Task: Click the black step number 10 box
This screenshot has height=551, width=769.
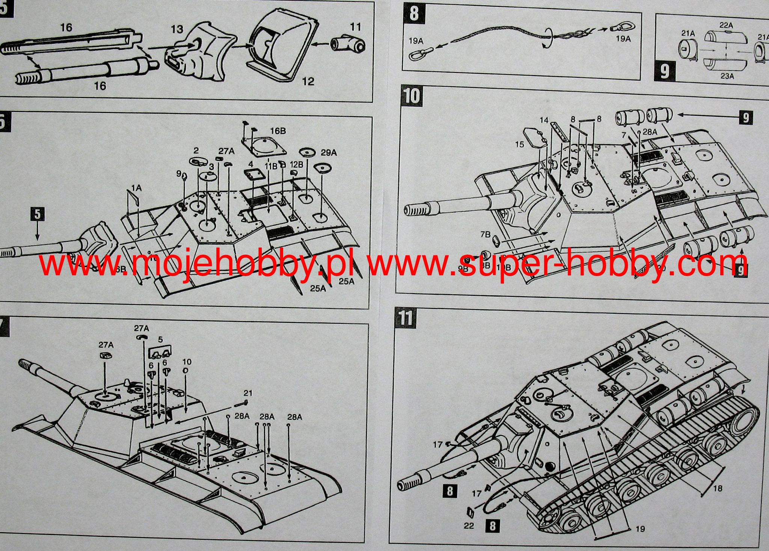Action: click(412, 96)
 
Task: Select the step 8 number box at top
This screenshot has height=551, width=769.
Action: click(414, 14)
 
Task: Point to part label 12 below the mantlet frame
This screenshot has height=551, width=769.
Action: click(308, 81)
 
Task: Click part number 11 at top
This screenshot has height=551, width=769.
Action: click(355, 27)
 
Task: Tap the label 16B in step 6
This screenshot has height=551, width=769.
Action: click(278, 131)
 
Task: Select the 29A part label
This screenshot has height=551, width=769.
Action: click(329, 152)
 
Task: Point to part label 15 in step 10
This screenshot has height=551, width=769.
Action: click(519, 144)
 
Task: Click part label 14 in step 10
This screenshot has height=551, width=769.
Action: click(544, 120)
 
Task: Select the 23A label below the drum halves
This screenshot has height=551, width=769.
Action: click(727, 76)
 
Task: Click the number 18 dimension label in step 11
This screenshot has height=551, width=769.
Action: click(717, 488)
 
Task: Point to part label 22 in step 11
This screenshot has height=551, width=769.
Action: click(469, 526)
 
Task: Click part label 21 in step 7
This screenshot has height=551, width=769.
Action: click(248, 393)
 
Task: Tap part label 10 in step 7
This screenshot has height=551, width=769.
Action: click(187, 362)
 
